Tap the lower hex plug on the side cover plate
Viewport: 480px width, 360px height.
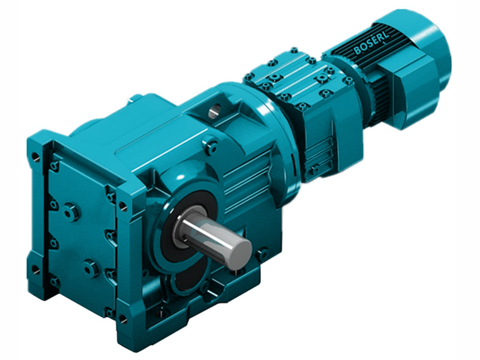coord(92,268)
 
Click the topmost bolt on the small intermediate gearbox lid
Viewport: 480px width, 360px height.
coord(293,52)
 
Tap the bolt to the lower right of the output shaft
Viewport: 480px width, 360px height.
coord(262,254)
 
